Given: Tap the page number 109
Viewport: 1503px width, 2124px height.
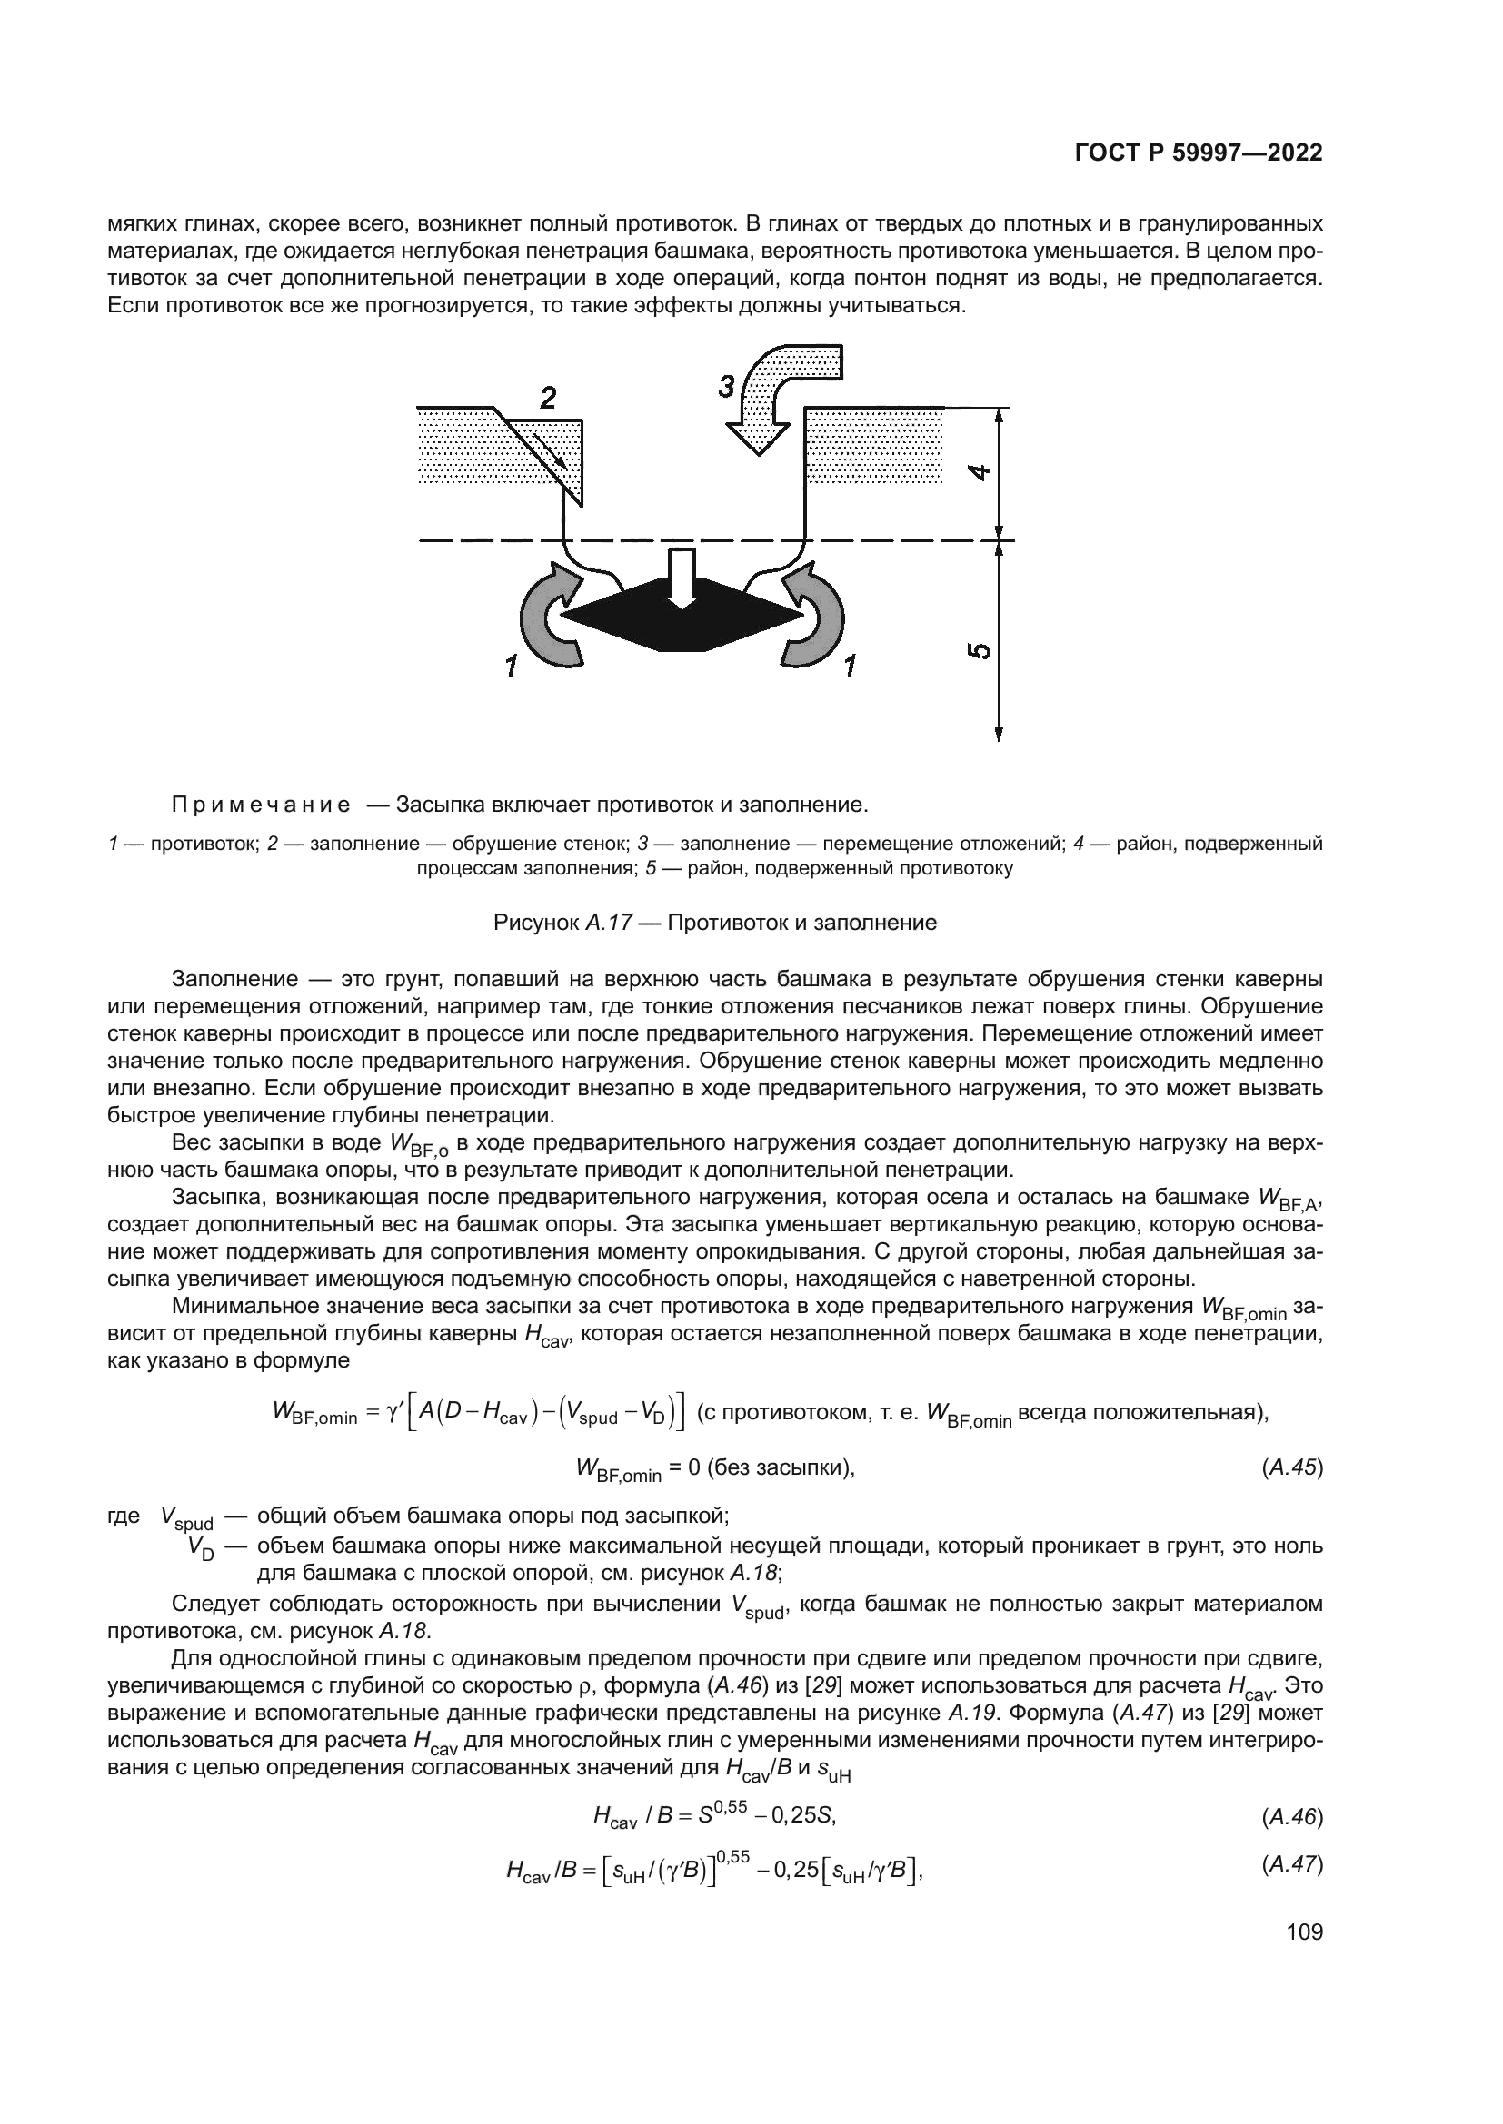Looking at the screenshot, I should (x=1304, y=1931).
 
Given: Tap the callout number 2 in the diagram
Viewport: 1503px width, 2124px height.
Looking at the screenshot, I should (x=548, y=399).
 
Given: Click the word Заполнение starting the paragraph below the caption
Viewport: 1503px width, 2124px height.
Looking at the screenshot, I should (x=247, y=979).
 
